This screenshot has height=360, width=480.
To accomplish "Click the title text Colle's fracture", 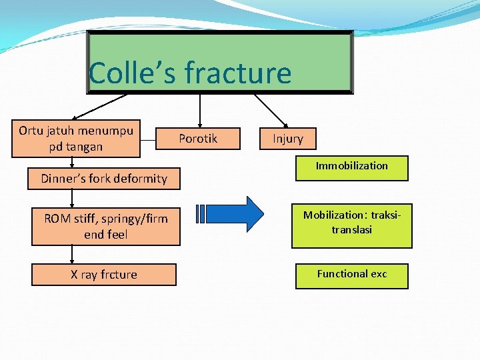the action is pos(191,73).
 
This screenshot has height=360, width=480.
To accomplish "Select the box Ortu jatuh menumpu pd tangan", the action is pos(76,139).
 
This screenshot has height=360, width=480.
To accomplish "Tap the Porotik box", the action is pos(198,139).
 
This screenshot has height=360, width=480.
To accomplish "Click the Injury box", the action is pos(287,139).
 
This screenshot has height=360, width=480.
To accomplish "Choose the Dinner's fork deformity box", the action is pos(104,178).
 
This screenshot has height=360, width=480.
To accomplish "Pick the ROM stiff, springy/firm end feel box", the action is pos(106,227).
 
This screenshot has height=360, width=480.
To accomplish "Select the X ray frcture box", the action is pos(104,275).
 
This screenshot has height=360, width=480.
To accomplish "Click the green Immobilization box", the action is pos(352,167).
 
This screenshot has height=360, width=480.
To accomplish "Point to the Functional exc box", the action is pos(352,275).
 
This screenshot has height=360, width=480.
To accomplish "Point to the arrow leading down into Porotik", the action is pos(200,109).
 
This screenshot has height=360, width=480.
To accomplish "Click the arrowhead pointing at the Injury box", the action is pos(284,124).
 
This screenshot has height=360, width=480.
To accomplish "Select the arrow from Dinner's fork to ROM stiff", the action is pos(73,198).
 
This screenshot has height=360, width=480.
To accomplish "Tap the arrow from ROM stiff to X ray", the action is pos(73,255).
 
